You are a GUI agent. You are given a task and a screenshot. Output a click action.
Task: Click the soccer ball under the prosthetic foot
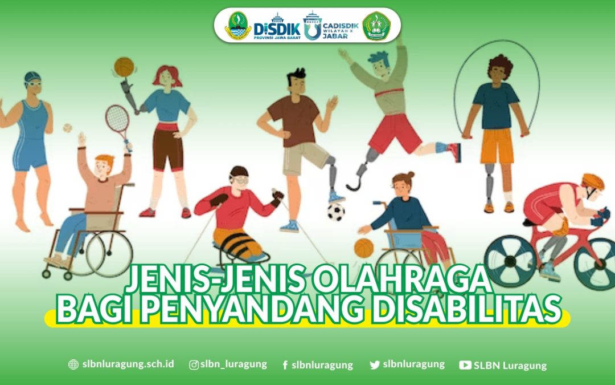[x=335, y=212]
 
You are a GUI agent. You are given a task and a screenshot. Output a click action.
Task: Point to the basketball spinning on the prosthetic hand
[x=124, y=67]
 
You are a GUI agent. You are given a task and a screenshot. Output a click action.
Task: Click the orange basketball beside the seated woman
[x=363, y=248]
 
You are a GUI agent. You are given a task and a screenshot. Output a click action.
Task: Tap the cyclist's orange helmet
[x=593, y=182]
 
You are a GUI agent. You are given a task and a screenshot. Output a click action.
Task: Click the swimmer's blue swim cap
[x=32, y=77]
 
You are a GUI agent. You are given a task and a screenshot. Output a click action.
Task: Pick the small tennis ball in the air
[x=68, y=128]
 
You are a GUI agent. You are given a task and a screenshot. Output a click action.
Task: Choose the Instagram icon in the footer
[x=194, y=365]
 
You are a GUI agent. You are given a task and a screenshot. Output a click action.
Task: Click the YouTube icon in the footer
[x=465, y=365]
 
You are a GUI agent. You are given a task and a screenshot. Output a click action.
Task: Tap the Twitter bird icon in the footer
[x=375, y=365]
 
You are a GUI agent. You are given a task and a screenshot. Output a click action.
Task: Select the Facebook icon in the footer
[x=285, y=365]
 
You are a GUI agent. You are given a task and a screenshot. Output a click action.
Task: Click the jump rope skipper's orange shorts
[x=497, y=145]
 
